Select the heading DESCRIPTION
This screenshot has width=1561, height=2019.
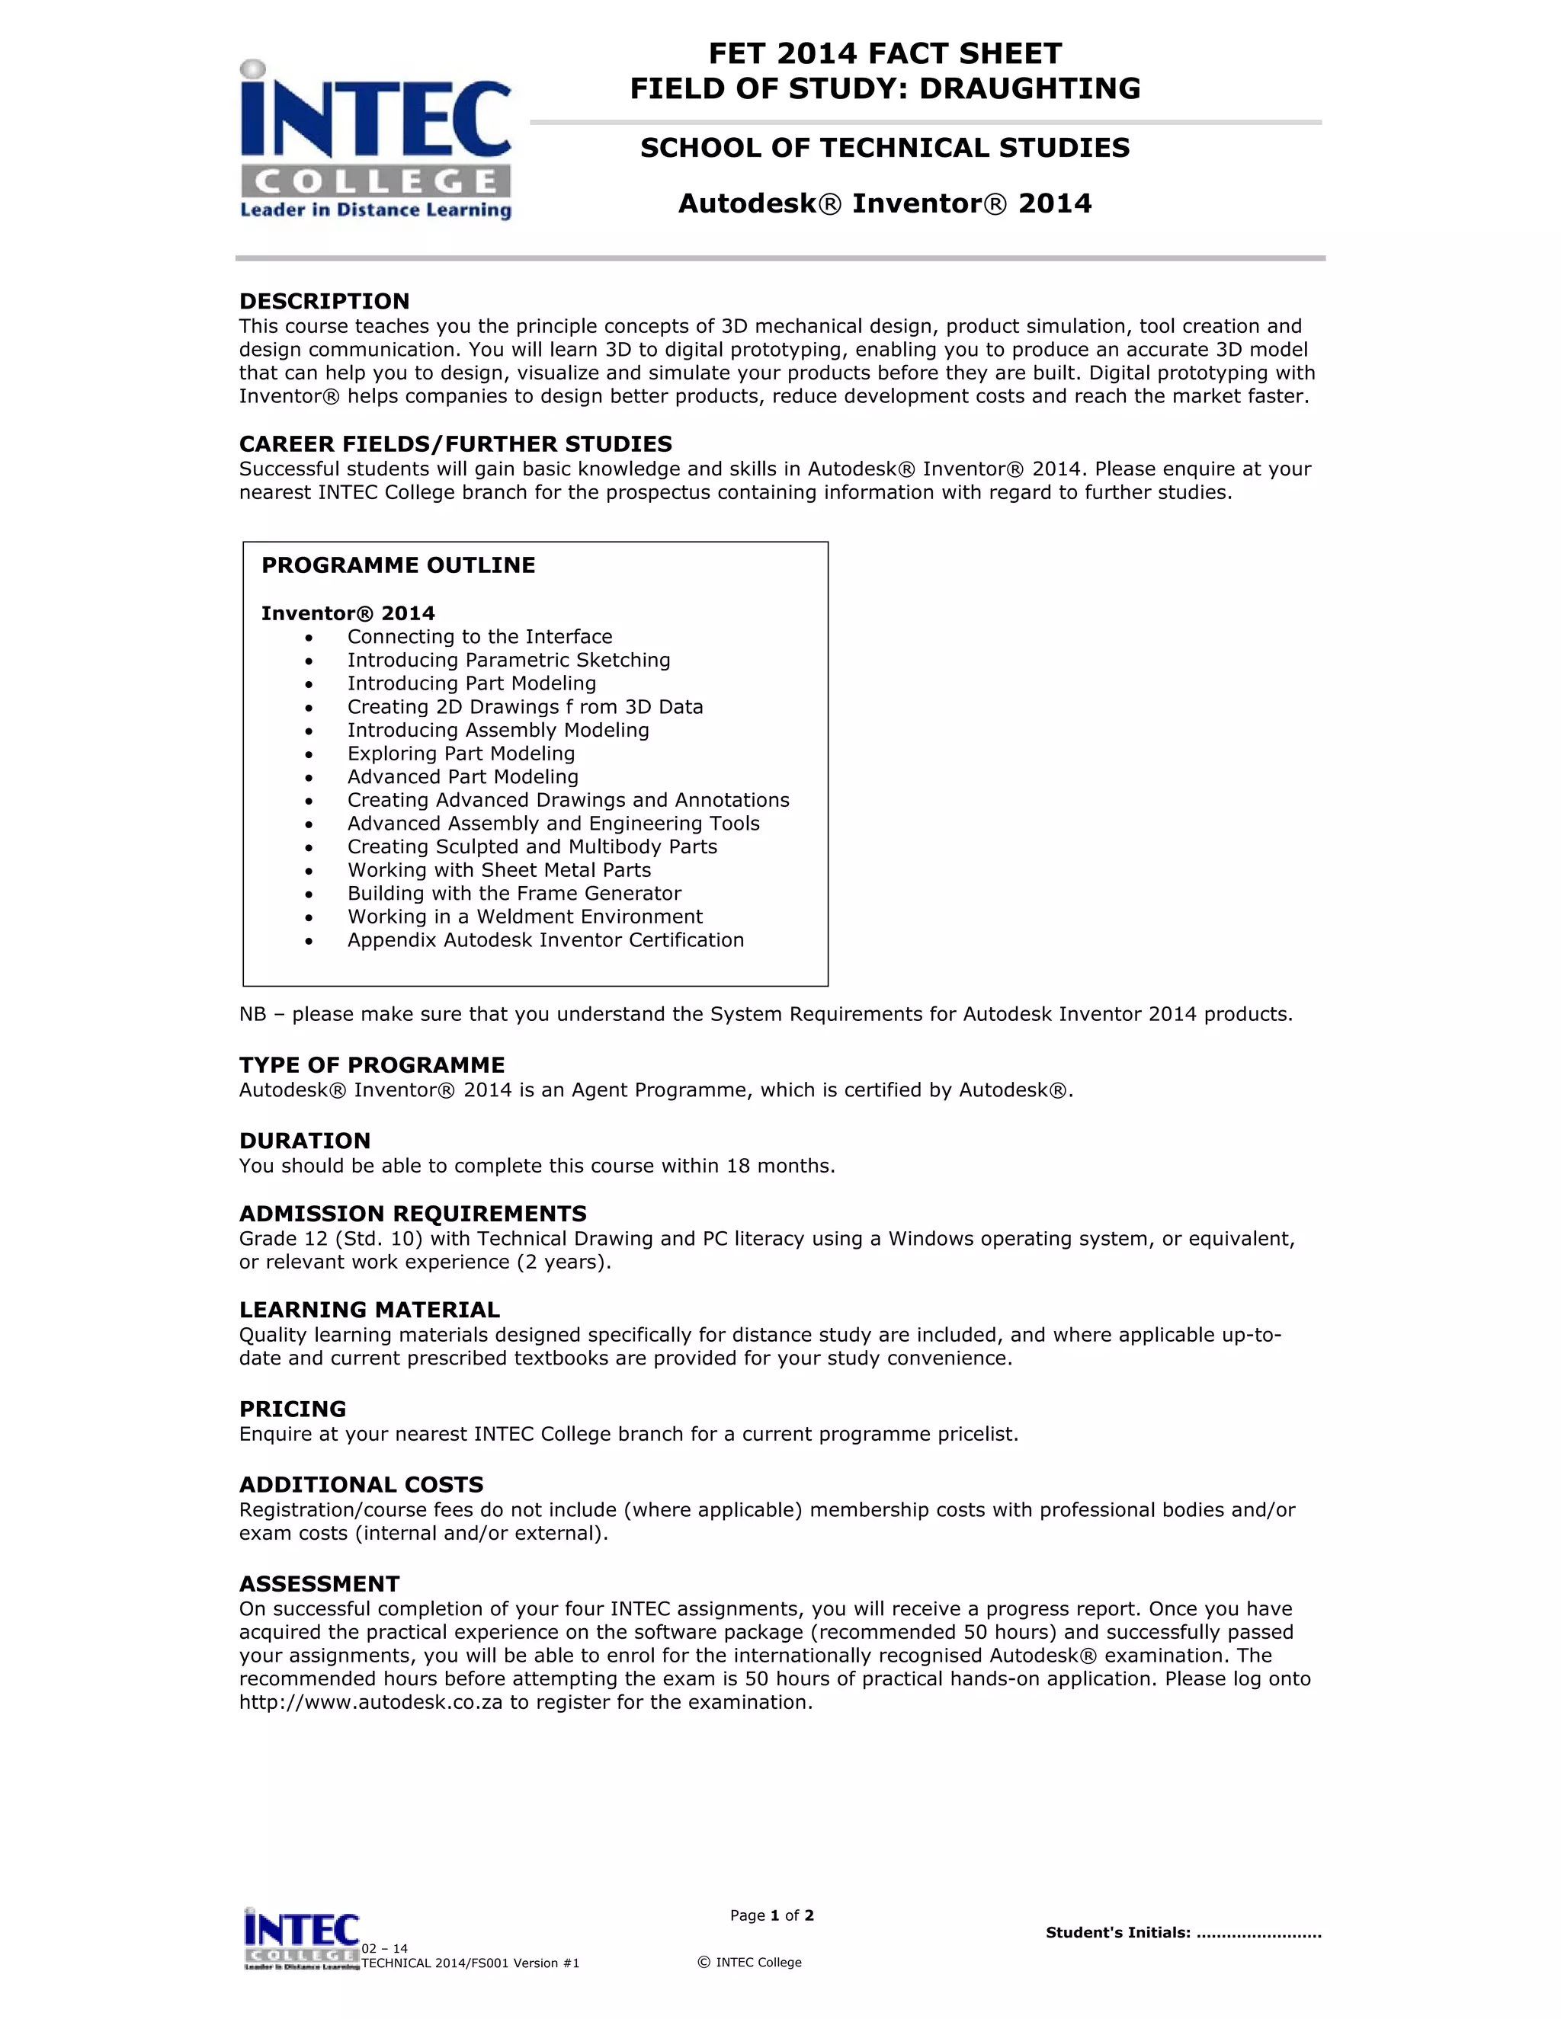tap(324, 302)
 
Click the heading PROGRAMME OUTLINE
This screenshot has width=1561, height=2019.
tap(398, 565)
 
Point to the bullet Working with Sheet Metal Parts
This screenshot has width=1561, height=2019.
tap(498, 870)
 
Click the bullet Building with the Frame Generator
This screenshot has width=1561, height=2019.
tap(514, 893)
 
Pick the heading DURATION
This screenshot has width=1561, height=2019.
tap(304, 1141)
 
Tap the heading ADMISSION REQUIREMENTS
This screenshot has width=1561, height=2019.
tap(412, 1214)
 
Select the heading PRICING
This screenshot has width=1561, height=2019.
tap(292, 1409)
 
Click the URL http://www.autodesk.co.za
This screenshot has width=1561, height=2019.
tap(370, 1702)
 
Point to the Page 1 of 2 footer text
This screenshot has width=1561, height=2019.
tap(771, 1915)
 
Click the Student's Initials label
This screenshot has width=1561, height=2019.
tap(1117, 1932)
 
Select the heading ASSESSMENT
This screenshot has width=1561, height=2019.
tap(319, 1584)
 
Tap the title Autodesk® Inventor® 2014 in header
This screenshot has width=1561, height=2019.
tap(884, 203)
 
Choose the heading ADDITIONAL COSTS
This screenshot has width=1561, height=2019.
tap(361, 1485)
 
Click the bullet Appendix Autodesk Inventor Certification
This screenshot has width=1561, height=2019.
tap(545, 940)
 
